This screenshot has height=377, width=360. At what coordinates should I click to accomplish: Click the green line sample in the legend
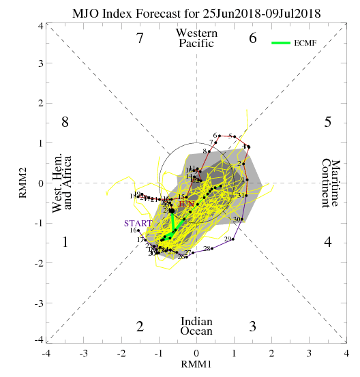point(282,42)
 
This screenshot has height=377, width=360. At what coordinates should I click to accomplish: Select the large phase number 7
point(140,39)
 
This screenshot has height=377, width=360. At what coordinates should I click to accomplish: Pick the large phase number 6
point(252,39)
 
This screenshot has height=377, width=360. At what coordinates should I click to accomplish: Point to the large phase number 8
point(65,123)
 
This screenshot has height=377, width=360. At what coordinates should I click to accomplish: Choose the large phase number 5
point(328,123)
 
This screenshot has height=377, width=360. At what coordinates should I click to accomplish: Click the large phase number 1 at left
point(65,243)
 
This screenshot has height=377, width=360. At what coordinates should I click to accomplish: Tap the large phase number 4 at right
point(328,243)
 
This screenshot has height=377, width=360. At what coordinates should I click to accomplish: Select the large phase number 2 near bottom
point(140,327)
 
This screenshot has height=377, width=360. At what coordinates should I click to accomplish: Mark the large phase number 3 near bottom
point(252,327)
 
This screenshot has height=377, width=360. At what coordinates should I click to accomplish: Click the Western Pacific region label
point(196,38)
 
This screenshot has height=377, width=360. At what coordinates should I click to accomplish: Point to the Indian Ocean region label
point(196,327)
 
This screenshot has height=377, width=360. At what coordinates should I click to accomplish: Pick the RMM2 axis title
point(23,182)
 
